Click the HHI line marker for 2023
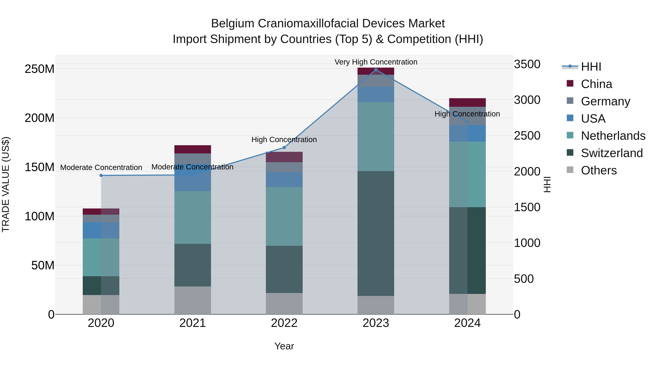coord(376,70)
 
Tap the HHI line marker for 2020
coord(101,175)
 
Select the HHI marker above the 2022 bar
coord(284,147)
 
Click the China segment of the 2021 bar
coord(193,149)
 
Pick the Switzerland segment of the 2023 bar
coord(376,233)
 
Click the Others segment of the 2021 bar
coord(193,300)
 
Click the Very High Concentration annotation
coord(376,62)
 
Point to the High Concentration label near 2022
coord(284,140)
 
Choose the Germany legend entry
coord(605,101)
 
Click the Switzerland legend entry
coord(612,153)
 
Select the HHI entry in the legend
coord(591,67)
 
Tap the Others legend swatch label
coord(599,170)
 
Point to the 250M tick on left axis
coord(40,69)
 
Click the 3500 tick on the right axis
coord(527,64)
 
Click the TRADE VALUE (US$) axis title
coord(6,184)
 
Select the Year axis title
coord(284,346)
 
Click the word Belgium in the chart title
coord(233,24)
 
